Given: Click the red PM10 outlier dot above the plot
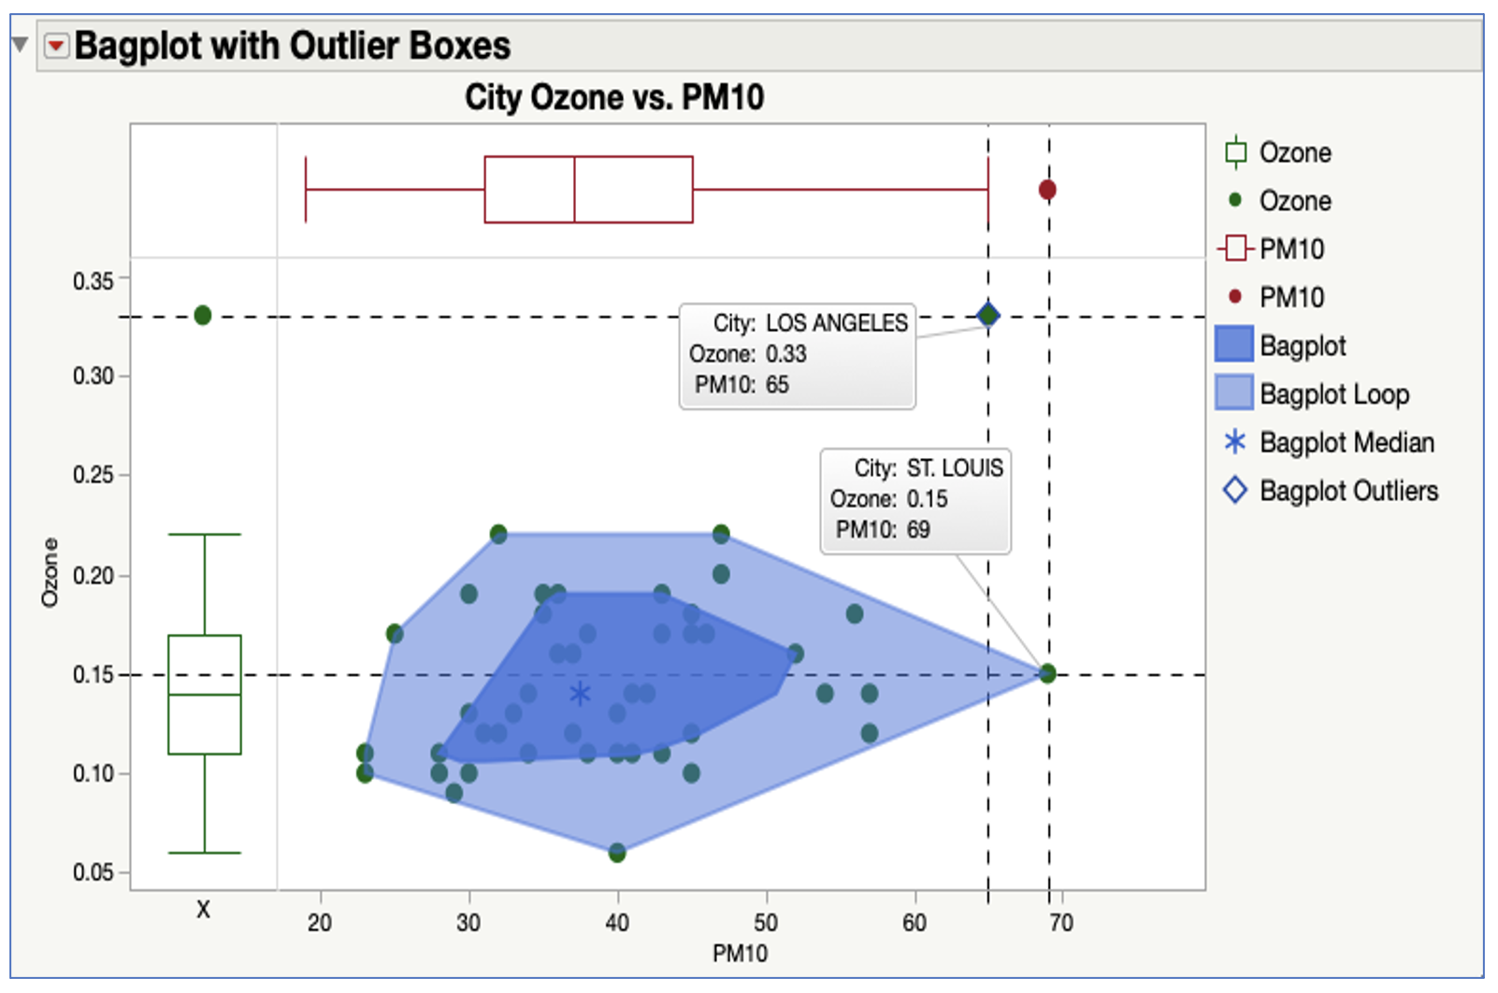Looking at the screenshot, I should pyautogui.click(x=1047, y=190).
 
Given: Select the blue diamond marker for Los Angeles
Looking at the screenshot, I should pyautogui.click(x=988, y=315).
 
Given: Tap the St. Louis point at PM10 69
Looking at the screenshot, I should pyautogui.click(x=1047, y=673).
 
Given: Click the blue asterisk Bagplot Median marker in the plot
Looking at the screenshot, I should pyautogui.click(x=580, y=694).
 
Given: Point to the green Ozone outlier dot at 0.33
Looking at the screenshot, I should pyautogui.click(x=203, y=315).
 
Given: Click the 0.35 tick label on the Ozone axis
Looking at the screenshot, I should pyautogui.click(x=93, y=281).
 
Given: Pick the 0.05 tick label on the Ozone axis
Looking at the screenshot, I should pyautogui.click(x=93, y=872).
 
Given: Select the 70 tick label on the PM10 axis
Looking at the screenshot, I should pyautogui.click(x=1061, y=923).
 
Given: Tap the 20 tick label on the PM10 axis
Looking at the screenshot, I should pyautogui.click(x=320, y=923).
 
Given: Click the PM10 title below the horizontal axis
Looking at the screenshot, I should pyautogui.click(x=740, y=954).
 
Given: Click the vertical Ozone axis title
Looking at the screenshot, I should pyautogui.click(x=50, y=572).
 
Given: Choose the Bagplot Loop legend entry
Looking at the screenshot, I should pyautogui.click(x=1333, y=395).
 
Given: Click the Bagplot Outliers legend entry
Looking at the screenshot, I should pyautogui.click(x=1348, y=491).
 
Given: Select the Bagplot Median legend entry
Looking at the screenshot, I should pyautogui.click(x=1347, y=442).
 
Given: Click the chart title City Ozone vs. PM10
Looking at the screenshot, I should pyautogui.click(x=614, y=97).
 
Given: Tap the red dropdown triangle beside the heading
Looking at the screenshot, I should pyautogui.click(x=57, y=46).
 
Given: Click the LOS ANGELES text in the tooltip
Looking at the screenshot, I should pyautogui.click(x=836, y=324).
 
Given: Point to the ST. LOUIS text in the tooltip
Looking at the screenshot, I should pyautogui.click(x=954, y=468).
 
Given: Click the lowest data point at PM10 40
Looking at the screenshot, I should pyautogui.click(x=617, y=853).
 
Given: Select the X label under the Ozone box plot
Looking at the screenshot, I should pyautogui.click(x=203, y=909).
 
